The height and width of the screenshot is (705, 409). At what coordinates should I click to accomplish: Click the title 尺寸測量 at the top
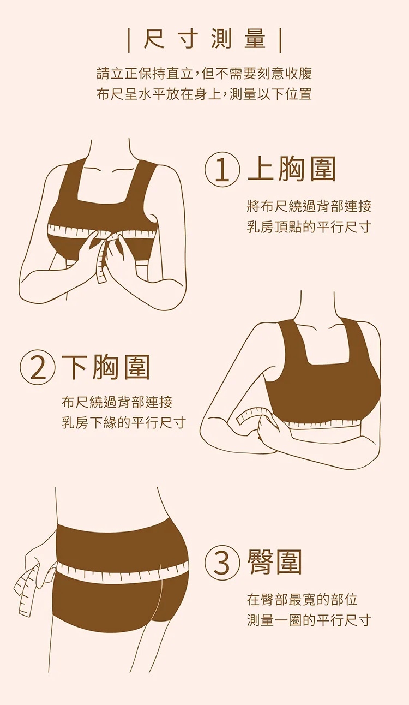(x=204, y=40)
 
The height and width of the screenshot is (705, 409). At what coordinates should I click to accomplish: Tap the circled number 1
(x=222, y=170)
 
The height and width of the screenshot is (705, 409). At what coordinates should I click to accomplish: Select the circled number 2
(x=38, y=368)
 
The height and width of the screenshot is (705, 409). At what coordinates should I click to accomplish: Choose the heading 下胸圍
(x=106, y=368)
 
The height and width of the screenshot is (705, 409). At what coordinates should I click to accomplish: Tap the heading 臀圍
(x=275, y=563)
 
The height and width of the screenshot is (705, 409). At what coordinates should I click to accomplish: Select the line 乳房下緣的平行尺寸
(x=124, y=423)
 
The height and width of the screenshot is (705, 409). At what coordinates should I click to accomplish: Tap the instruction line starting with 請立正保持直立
(x=204, y=74)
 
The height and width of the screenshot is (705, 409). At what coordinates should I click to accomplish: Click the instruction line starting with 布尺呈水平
(x=204, y=94)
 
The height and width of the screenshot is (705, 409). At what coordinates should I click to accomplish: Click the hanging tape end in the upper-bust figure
(x=102, y=264)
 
